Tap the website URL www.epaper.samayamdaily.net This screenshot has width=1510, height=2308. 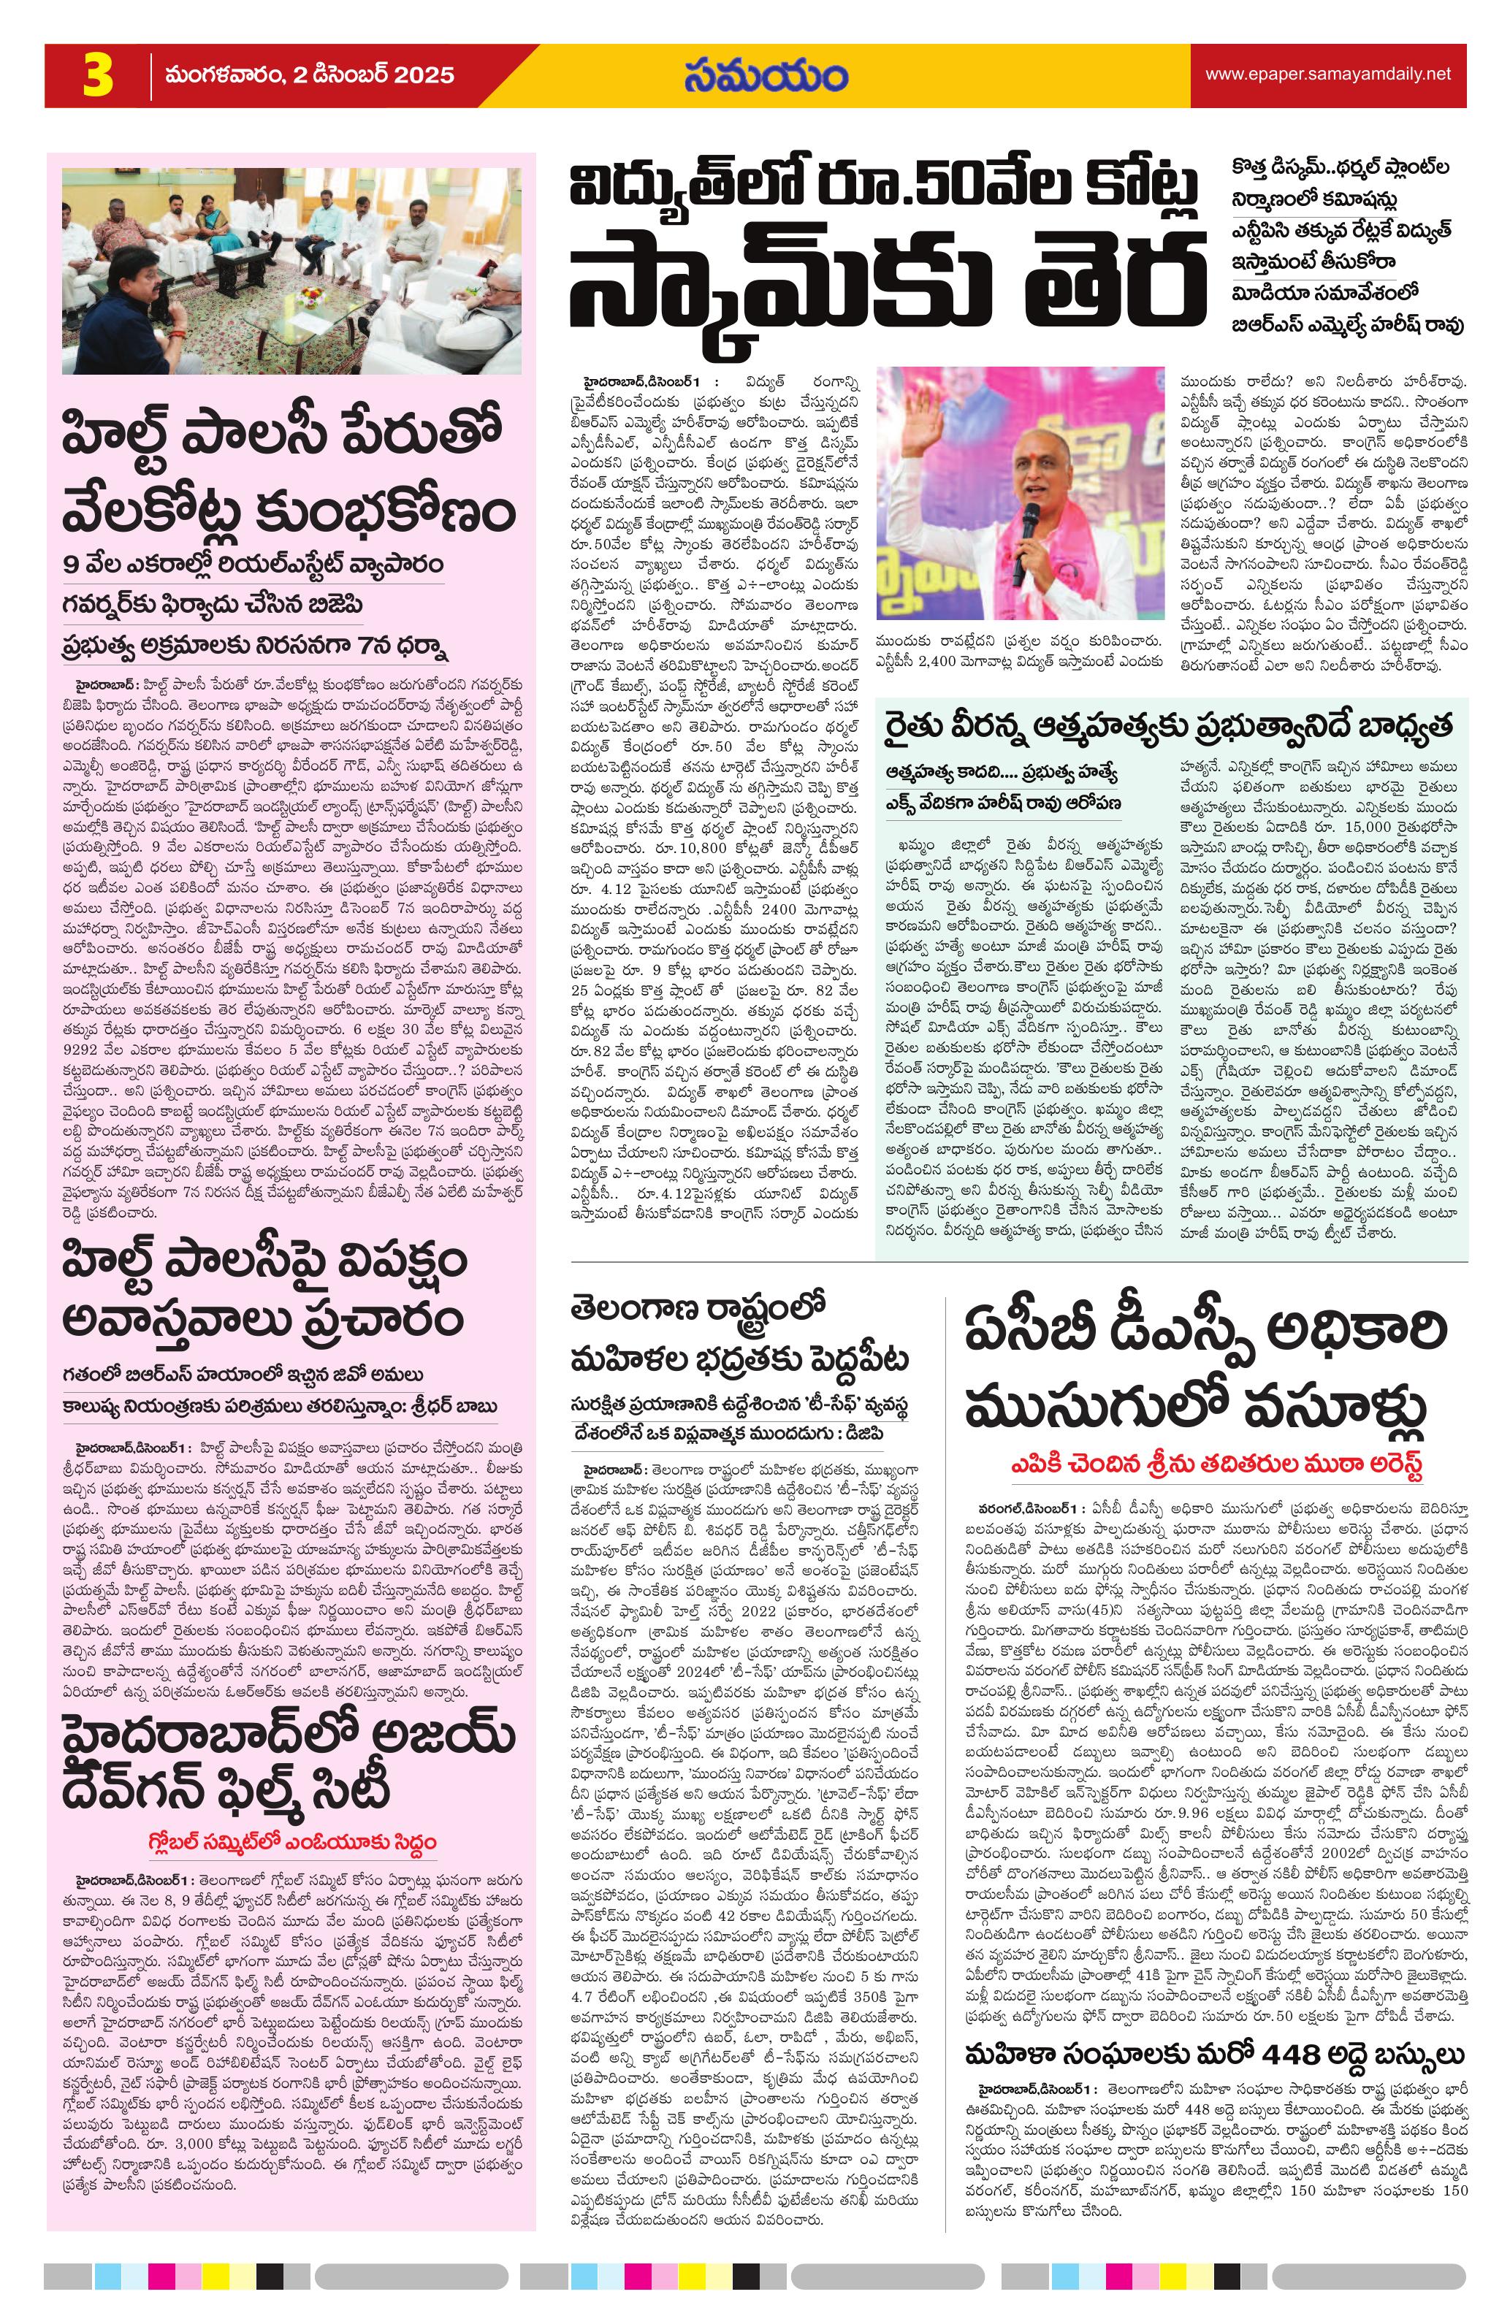1327,74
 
